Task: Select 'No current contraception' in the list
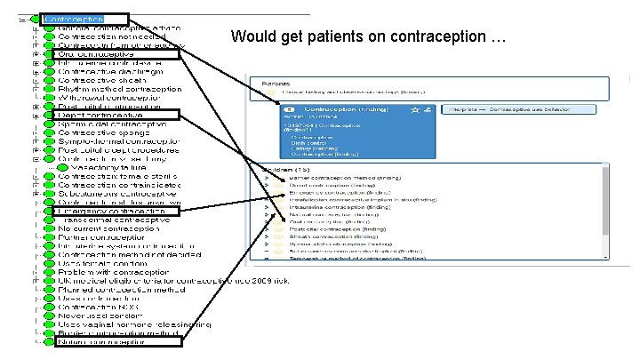103,228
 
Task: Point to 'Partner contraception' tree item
98,237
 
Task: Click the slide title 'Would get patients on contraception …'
367,37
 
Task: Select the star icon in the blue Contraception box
416,108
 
